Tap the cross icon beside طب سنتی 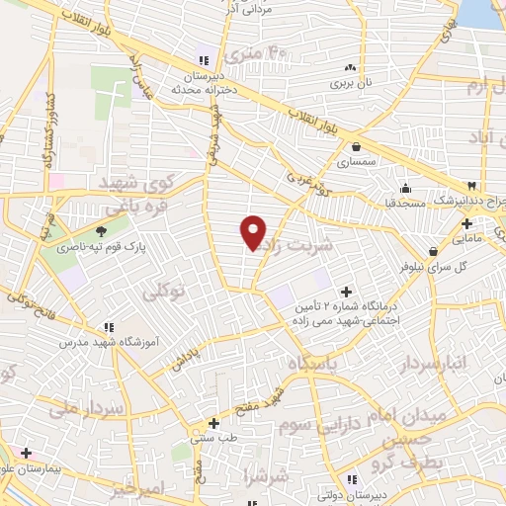(212, 422)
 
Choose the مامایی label (467, 238)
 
